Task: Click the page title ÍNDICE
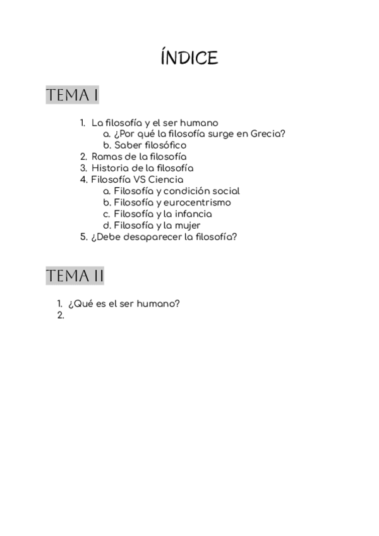coord(189,58)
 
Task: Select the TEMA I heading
coord(72,95)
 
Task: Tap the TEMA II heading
coord(75,276)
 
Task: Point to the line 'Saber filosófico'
coord(150,145)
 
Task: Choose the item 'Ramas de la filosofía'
coord(139,157)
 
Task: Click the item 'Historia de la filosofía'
coord(142,168)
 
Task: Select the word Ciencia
coord(166,180)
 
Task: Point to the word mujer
coord(188,225)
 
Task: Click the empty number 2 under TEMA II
coord(61,315)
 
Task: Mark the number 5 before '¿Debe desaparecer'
coord(83,237)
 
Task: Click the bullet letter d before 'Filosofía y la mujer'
coord(107,225)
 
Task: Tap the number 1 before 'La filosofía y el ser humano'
coord(82,123)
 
